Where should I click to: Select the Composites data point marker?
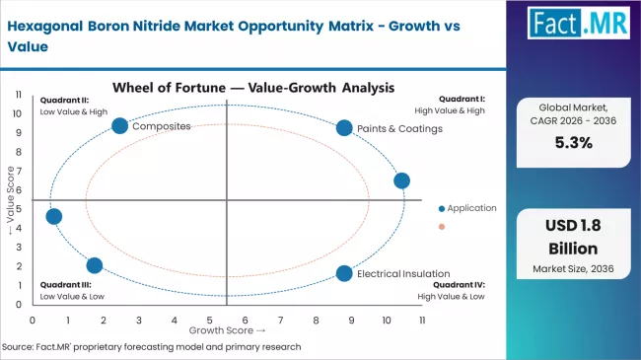[119, 125]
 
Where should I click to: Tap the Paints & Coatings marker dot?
[343, 127]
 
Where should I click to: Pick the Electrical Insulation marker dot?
[343, 273]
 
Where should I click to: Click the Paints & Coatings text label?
[400, 128]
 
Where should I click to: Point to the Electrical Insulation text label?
[403, 273]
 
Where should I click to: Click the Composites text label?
[161, 126]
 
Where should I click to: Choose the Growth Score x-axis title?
[227, 330]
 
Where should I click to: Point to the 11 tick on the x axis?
[422, 321]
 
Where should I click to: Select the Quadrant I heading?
[462, 99]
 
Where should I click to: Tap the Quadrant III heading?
[66, 284]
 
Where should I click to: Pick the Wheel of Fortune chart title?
[227, 87]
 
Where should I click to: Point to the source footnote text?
[153, 346]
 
